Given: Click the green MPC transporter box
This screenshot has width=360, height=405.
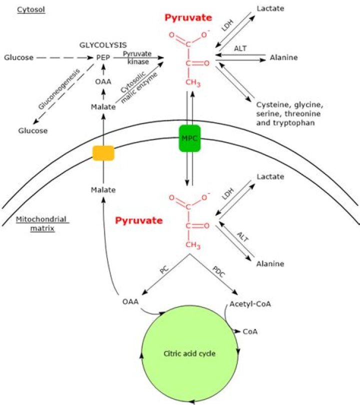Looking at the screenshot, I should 189,137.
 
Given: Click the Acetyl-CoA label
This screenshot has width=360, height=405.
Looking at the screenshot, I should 247,304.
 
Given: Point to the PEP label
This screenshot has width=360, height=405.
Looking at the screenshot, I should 102,57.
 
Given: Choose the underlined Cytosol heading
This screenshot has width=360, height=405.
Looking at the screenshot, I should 31,9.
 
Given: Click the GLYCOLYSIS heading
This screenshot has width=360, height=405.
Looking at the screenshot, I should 103,44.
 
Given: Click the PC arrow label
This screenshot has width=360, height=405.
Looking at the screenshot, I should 163,271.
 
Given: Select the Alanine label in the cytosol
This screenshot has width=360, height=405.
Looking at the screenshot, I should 283,57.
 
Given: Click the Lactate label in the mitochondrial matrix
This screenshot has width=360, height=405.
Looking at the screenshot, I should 270,176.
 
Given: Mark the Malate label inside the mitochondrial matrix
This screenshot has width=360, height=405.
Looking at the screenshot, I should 103,190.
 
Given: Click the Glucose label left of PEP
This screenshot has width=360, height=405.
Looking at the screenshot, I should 18,57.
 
